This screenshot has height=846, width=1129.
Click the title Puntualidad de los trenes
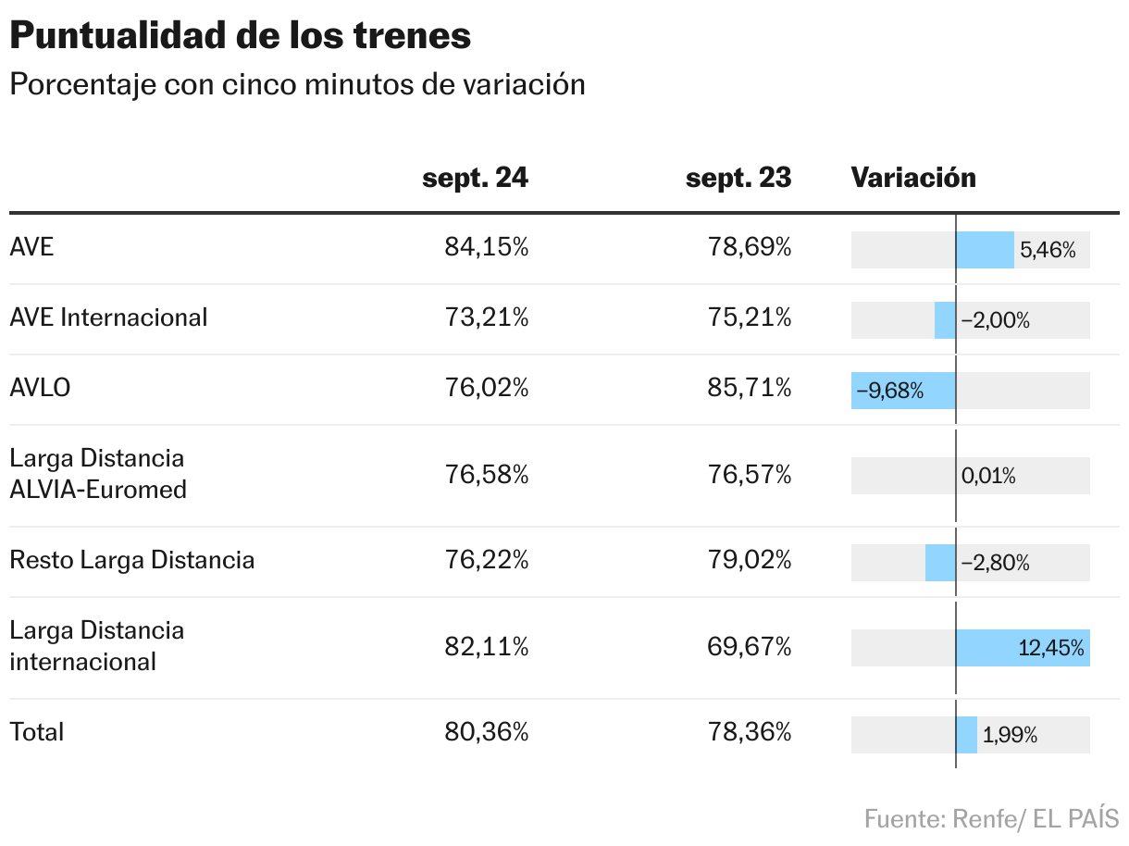pyautogui.click(x=241, y=36)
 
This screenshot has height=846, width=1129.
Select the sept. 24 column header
pyautogui.click(x=475, y=178)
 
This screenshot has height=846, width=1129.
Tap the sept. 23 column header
pyautogui.click(x=738, y=178)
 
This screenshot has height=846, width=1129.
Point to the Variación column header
pyautogui.click(x=913, y=178)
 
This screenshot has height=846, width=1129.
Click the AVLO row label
pyautogui.click(x=40, y=388)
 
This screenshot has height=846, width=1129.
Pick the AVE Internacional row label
pyautogui.click(x=108, y=317)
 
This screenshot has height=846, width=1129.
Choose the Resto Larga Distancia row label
pyautogui.click(x=131, y=560)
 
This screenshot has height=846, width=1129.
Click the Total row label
pyautogui.click(x=37, y=732)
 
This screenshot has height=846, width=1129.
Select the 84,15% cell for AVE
pyautogui.click(x=486, y=248)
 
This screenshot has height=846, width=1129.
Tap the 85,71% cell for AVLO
pyautogui.click(x=750, y=388)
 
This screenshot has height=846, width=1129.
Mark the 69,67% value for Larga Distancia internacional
pyautogui.click(x=750, y=647)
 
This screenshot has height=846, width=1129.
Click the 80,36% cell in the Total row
pyautogui.click(x=486, y=733)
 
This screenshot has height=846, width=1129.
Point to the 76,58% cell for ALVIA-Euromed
pyautogui.click(x=486, y=476)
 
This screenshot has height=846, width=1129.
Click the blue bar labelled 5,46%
pyautogui.click(x=985, y=250)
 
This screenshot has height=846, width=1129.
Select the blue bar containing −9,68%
pyautogui.click(x=903, y=391)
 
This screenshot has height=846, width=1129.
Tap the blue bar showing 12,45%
pyautogui.click(x=1023, y=648)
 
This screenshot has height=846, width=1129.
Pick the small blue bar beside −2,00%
pyautogui.click(x=945, y=320)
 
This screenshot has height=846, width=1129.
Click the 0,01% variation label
pyautogui.click(x=988, y=477)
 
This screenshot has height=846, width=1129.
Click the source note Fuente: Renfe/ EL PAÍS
pyautogui.click(x=991, y=818)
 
